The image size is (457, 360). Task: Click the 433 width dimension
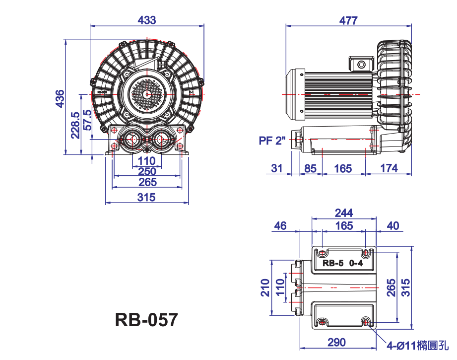[x=146, y=20]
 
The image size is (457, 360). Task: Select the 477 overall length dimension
[x=348, y=20]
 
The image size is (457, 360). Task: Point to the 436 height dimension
[x=60, y=99]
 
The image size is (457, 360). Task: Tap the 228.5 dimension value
[x=75, y=125]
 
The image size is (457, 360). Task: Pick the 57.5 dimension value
[x=87, y=120]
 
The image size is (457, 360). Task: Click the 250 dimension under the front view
[x=147, y=171]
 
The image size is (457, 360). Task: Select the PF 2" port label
[x=272, y=141]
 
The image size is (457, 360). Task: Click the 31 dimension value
[x=276, y=168]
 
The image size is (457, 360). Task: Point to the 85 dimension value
[x=310, y=169]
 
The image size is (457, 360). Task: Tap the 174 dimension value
[x=389, y=168]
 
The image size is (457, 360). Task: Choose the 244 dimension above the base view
[x=344, y=213]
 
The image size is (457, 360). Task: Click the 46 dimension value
[x=280, y=226]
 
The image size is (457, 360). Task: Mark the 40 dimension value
[x=393, y=226]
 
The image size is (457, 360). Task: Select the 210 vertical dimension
[x=265, y=288]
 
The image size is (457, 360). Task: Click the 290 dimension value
[x=336, y=342]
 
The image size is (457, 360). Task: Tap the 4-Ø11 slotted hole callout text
[x=417, y=346]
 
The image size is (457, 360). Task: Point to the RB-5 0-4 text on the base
[x=342, y=263]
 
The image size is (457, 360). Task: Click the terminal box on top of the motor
[x=361, y=64]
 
